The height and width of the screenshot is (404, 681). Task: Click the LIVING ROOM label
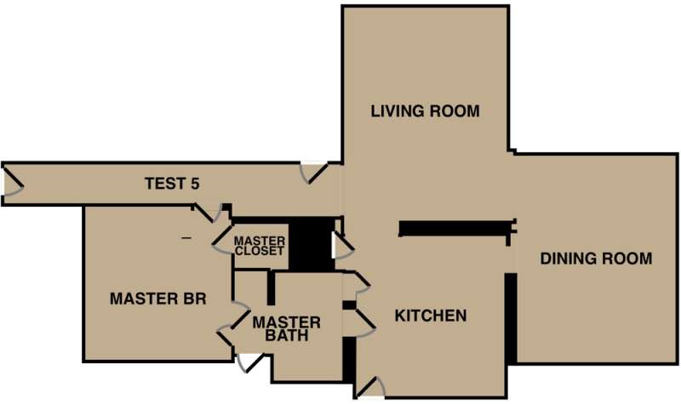click(x=425, y=111)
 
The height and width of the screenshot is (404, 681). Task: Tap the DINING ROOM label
click(x=596, y=259)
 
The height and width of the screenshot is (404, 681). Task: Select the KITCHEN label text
click(x=431, y=316)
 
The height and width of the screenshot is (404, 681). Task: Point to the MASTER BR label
click(x=159, y=299)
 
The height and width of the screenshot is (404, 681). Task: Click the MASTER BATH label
click(x=286, y=329)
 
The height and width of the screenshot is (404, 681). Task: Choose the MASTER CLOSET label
click(x=259, y=246)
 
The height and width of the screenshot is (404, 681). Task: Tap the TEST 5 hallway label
click(x=172, y=183)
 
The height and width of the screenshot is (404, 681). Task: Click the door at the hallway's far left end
click(x=13, y=185)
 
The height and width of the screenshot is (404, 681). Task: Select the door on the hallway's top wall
click(x=316, y=174)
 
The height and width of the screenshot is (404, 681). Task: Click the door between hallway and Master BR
click(x=210, y=213)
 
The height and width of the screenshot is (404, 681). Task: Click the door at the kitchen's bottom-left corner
click(x=369, y=388)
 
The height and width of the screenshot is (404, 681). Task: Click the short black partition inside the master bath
click(x=271, y=288)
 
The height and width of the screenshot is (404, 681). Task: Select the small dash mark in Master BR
click(x=186, y=238)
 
